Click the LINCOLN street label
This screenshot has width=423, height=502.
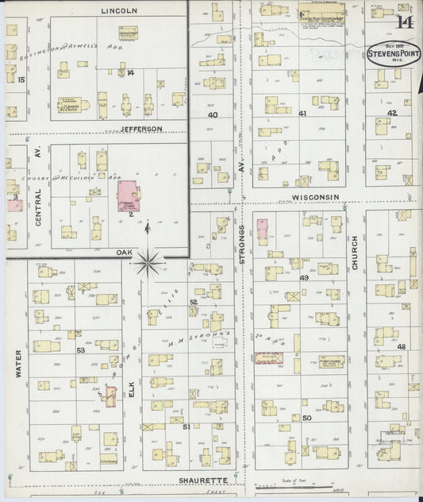121,10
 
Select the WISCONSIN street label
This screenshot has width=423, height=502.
315,197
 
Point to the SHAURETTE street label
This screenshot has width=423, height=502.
203,481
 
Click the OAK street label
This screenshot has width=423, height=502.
124,253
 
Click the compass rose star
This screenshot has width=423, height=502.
148,260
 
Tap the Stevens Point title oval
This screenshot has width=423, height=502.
394,52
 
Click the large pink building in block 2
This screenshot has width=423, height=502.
129,195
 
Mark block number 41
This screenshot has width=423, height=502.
302,114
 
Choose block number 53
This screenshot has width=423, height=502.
80,349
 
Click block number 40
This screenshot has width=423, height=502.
213,114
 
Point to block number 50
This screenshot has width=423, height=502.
306,418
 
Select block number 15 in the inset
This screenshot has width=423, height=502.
21,79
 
